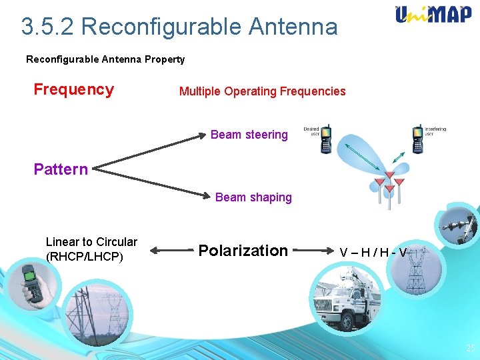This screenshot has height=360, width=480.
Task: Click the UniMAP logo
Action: point(433,15)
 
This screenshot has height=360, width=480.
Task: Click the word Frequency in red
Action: point(74,89)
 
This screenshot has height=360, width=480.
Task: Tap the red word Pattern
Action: point(61,169)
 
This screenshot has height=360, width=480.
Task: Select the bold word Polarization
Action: point(243,251)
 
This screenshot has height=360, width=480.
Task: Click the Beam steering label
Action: point(249,135)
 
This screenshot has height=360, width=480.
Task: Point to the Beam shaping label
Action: point(253,197)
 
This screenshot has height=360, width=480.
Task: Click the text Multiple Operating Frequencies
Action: point(262,91)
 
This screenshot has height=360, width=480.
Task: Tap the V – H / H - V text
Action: point(373,252)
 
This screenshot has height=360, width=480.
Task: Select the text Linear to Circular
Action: point(91,242)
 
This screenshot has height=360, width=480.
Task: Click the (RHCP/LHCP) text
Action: point(85,256)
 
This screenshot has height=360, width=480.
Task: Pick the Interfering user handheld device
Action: point(418,137)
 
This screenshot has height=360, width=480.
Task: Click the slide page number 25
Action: point(470,348)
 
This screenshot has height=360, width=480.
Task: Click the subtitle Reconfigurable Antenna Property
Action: point(105,59)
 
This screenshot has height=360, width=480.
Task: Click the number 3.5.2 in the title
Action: point(47,27)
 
